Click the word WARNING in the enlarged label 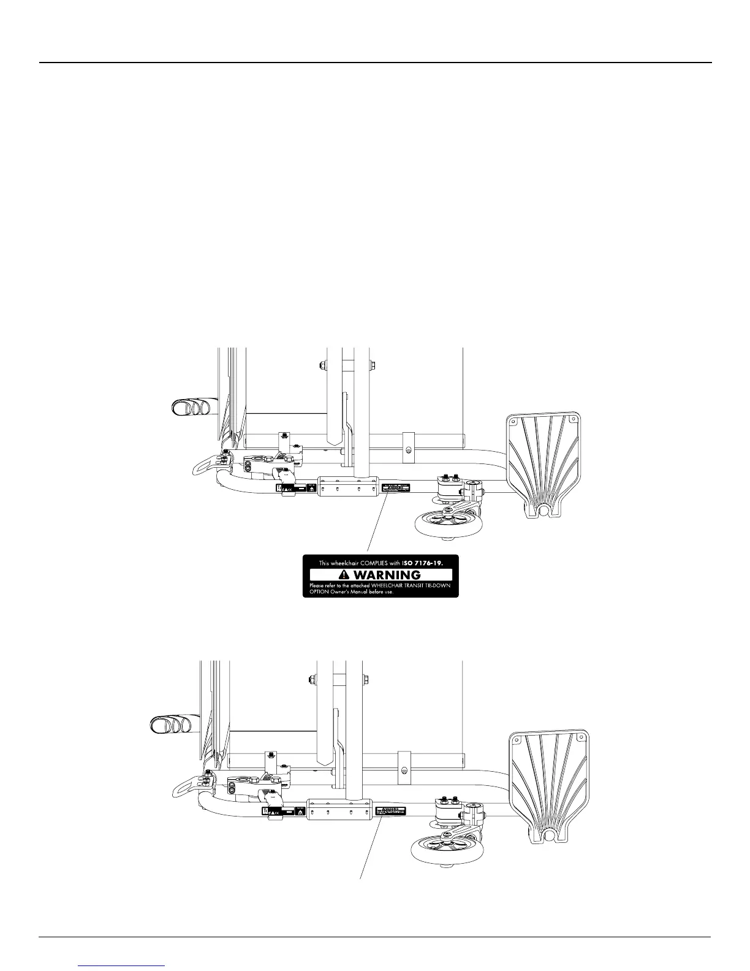pyautogui.click(x=387, y=575)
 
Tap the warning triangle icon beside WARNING pyautogui.click(x=344, y=575)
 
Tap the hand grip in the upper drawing pyautogui.click(x=191, y=406)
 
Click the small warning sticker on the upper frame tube pyautogui.click(x=396, y=489)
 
